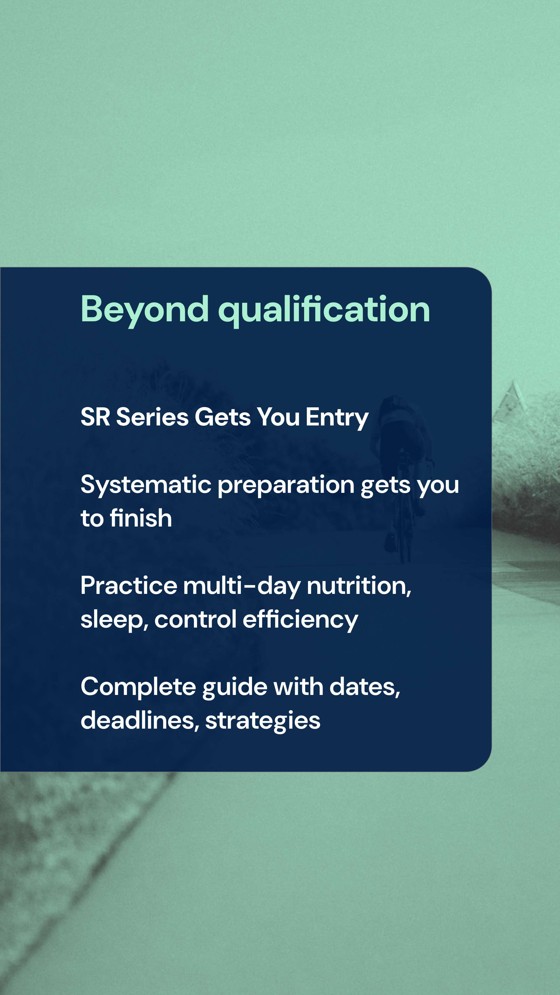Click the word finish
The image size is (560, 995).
(141, 518)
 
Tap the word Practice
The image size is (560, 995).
(129, 586)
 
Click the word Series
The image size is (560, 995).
(152, 417)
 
